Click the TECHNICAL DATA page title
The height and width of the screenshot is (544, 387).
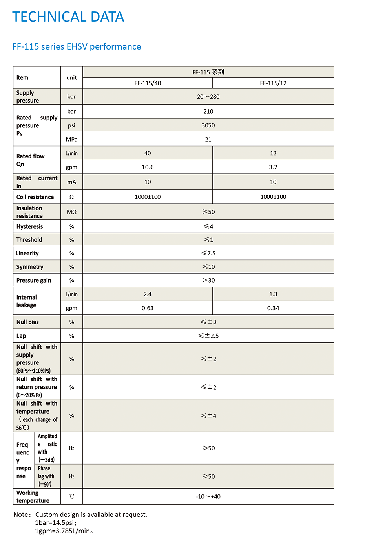(68, 17)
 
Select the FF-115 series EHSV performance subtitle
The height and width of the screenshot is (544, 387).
(77, 47)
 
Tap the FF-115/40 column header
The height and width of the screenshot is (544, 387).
(148, 83)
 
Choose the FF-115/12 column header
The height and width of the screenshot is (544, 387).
(273, 83)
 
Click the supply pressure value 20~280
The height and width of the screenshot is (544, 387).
(208, 97)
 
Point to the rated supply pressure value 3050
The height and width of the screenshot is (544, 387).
(208, 125)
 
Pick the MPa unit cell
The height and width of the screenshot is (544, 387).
(72, 140)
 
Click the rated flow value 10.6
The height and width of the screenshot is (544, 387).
(148, 167)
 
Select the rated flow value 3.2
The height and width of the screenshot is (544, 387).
(273, 167)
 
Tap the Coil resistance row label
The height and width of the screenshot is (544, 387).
(35, 197)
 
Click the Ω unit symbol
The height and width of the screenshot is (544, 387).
(72, 197)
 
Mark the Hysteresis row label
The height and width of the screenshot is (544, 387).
(30, 227)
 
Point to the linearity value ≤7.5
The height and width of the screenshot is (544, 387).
(208, 254)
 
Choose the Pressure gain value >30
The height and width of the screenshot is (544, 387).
(208, 281)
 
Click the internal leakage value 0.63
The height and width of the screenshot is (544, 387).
(148, 308)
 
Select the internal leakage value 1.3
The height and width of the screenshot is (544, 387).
(273, 294)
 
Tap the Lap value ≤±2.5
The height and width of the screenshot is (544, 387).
(208, 336)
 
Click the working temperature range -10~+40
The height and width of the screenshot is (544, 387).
(208, 497)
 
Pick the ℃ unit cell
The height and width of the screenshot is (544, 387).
(72, 497)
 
